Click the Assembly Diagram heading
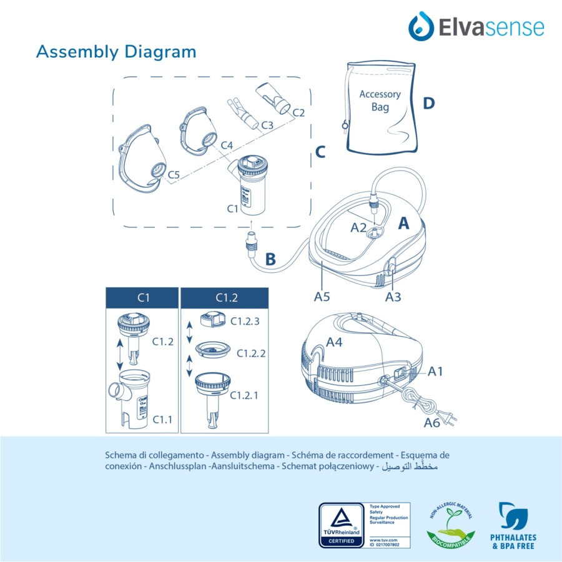click(116, 51)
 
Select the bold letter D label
click(428, 104)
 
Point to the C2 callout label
click(298, 112)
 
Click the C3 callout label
click(267, 125)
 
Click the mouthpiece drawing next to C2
click(274, 97)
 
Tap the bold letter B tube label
click(270, 259)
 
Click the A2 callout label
click(358, 227)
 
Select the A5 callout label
click(322, 297)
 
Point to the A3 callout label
click(393, 297)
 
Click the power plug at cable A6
click(448, 412)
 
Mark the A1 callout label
click(436, 372)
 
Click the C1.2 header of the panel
click(224, 297)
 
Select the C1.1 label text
click(162, 420)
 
